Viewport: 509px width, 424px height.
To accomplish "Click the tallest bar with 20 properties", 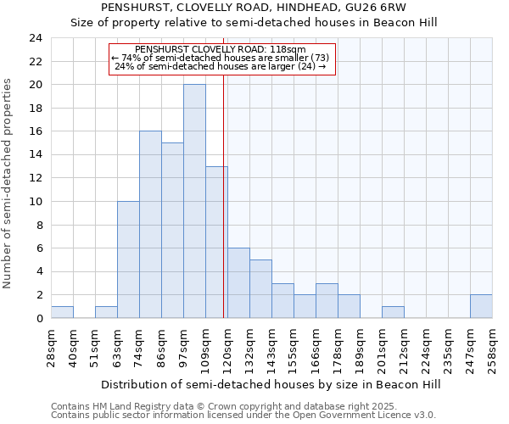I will [194, 201].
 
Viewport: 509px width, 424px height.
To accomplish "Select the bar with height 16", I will [150, 225].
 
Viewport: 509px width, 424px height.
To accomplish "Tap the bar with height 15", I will [172, 231].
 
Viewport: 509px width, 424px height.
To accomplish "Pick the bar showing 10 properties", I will [128, 259].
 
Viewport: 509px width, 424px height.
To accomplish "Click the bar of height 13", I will [216, 242].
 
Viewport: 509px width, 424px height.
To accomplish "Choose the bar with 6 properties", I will [238, 283].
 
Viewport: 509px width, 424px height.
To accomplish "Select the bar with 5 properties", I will [260, 289].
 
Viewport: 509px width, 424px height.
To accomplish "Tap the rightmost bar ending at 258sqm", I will [481, 306].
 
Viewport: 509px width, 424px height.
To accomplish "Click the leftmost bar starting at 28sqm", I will [62, 312].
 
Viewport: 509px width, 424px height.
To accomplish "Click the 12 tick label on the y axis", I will [35, 178].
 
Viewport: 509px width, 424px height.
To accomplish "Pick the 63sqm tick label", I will [117, 346].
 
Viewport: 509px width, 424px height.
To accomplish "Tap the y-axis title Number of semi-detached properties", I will [8, 183].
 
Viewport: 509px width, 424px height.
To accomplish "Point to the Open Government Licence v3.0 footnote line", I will [243, 415].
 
